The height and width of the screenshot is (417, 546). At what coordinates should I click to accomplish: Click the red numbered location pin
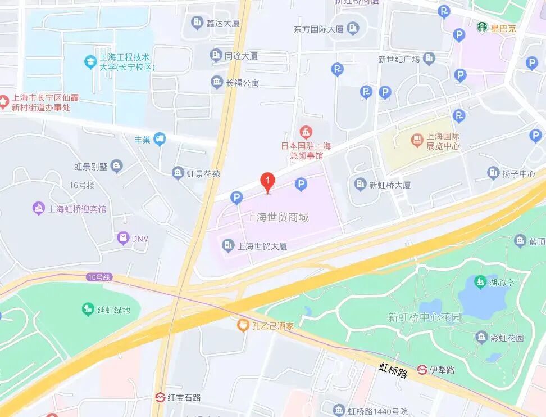point(268,182)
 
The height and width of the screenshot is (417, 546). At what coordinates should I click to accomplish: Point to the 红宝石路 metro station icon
point(161,397)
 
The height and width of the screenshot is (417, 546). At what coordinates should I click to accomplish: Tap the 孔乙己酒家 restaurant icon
point(243,325)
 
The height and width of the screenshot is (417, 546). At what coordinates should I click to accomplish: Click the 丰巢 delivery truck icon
point(160,139)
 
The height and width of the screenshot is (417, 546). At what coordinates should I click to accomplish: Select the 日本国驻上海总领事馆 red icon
point(305,133)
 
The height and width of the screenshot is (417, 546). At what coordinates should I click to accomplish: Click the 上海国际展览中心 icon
point(417,138)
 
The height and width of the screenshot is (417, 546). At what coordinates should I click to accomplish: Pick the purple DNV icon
point(123,239)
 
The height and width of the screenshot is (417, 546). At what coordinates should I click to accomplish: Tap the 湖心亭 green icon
point(480,281)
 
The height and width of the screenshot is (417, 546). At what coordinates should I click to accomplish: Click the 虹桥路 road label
point(393,370)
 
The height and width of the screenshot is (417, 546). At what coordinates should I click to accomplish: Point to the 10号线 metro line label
point(99,277)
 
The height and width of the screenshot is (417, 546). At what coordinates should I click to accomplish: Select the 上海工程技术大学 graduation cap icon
point(90,61)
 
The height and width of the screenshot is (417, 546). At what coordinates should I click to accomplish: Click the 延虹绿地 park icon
point(88,309)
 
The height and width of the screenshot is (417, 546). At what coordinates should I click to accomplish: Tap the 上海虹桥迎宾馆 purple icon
point(39,209)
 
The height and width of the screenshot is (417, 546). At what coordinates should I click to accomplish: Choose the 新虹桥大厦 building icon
point(360,184)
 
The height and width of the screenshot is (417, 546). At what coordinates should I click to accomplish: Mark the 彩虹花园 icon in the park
point(481,338)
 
